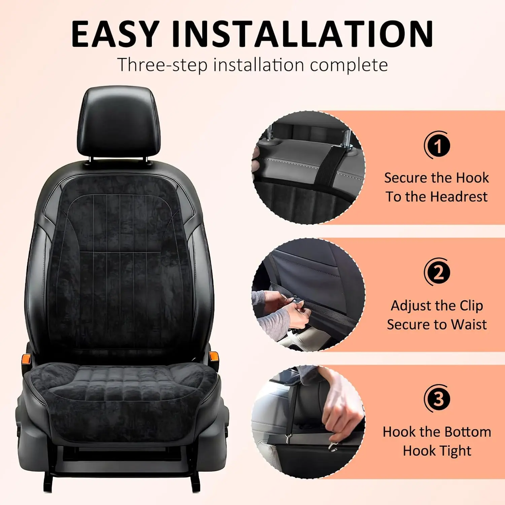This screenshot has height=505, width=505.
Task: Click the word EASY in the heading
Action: point(115,34)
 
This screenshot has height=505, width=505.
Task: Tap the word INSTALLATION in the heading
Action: point(302,34)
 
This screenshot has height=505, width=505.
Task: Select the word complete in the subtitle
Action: point(349,65)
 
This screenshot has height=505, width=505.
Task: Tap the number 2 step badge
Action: point(437,272)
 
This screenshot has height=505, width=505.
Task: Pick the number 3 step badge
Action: point(437,399)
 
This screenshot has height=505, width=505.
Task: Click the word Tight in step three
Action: point(456,451)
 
